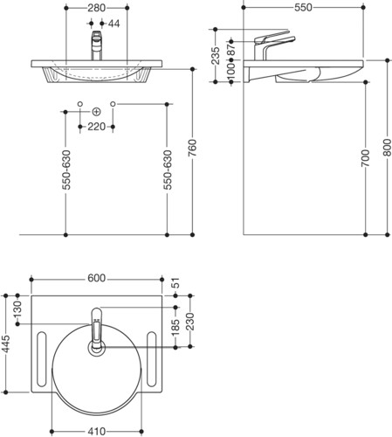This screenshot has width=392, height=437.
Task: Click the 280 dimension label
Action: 96,8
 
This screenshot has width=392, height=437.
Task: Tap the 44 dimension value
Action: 114,24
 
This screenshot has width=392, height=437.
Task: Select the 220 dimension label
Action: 96,127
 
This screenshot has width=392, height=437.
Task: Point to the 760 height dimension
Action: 192,148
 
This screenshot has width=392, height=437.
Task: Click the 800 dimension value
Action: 387,148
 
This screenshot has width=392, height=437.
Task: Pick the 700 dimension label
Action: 366,158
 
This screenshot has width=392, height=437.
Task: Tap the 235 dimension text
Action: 216,55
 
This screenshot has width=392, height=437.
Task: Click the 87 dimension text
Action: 231,50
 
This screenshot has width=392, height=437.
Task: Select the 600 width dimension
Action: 96,278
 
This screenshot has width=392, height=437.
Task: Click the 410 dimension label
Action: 96,431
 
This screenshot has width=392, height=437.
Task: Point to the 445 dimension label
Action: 6,343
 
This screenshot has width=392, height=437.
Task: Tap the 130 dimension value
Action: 17,309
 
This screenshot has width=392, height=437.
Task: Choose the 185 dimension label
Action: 175,328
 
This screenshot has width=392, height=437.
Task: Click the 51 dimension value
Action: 175,283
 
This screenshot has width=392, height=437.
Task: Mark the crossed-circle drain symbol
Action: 96,112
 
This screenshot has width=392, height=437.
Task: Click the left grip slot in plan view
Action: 42,359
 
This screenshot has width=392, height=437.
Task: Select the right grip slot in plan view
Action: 152,359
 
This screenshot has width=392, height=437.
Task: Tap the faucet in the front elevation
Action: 97,45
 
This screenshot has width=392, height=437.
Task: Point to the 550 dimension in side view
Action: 303,8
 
